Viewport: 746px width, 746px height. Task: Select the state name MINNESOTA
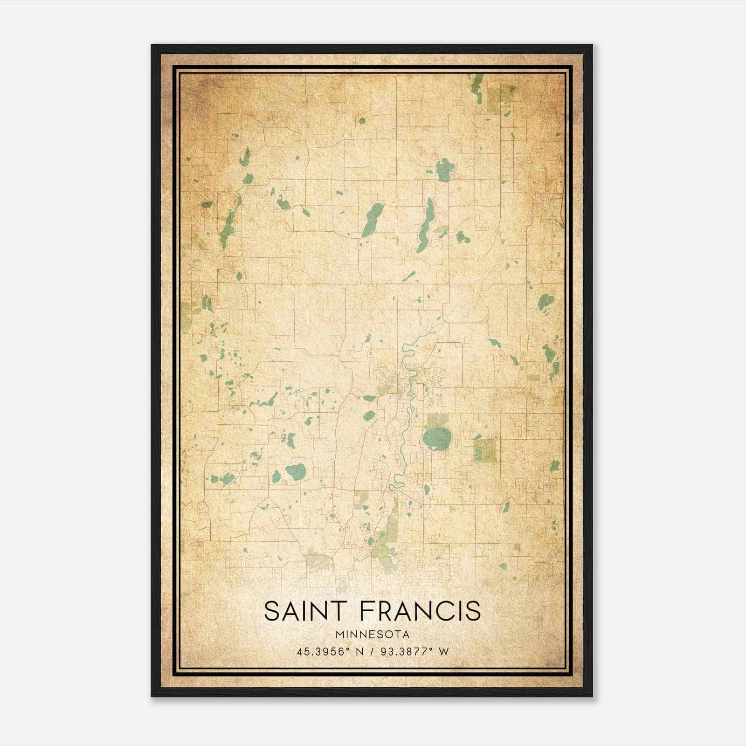pyautogui.click(x=373, y=635)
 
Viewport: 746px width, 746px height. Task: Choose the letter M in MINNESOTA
pyautogui.click(x=338, y=635)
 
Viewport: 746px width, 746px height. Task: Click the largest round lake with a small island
pyautogui.click(x=437, y=438)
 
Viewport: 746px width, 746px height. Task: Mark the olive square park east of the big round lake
pyautogui.click(x=484, y=450)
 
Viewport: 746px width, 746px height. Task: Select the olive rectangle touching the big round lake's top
pyautogui.click(x=437, y=420)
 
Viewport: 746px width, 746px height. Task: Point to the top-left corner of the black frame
pyautogui.click(x=152, y=45)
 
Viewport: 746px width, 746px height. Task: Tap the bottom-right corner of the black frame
pyautogui.click(x=592, y=696)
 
